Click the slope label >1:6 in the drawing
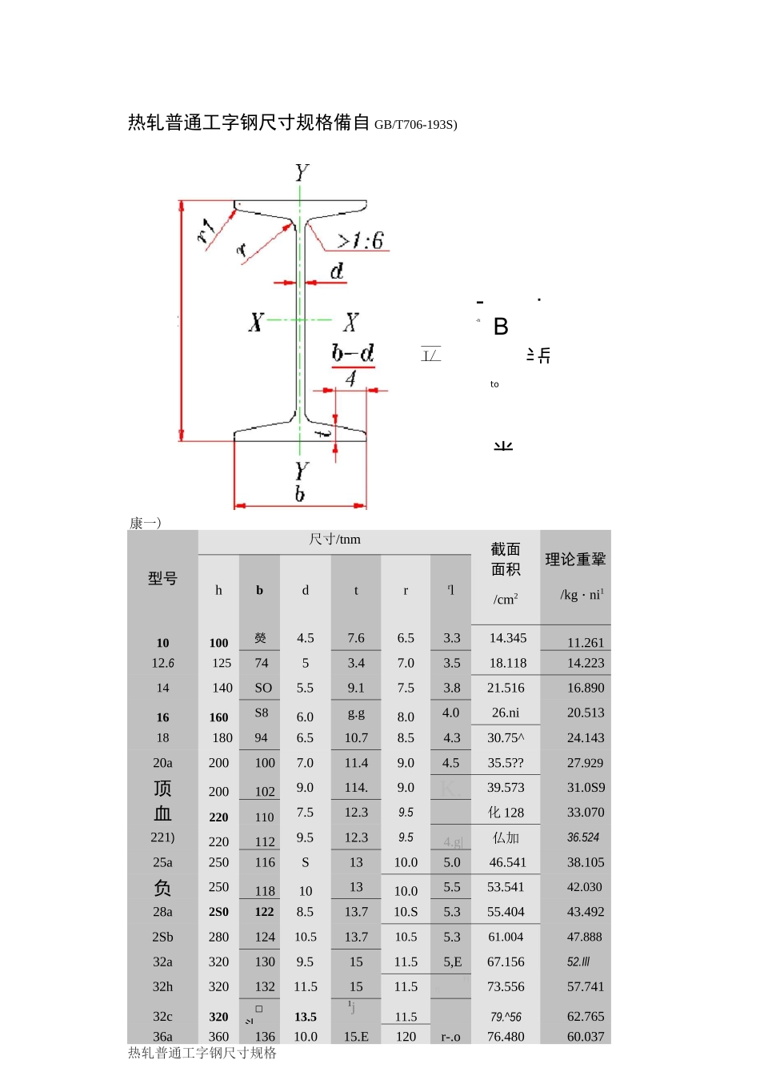pos(360,240)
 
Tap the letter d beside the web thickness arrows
pos(337,271)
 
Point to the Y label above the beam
pos(302,173)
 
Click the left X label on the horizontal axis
pos(256,323)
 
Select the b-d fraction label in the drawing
pos(353,364)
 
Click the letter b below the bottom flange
pos(300,493)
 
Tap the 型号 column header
pos(162,578)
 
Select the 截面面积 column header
pos(506,559)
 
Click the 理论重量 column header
pos(575,560)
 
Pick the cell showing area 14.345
pos(508,638)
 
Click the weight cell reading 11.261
pos(586,643)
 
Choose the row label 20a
pos(162,763)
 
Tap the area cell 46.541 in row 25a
pos(508,862)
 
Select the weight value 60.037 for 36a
pos(586,1036)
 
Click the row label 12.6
pos(162,663)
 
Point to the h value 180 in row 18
pos(222,737)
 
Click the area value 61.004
pos(506,937)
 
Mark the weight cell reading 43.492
pos(586,912)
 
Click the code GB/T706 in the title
pos(415,125)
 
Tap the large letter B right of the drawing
pos(501,327)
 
